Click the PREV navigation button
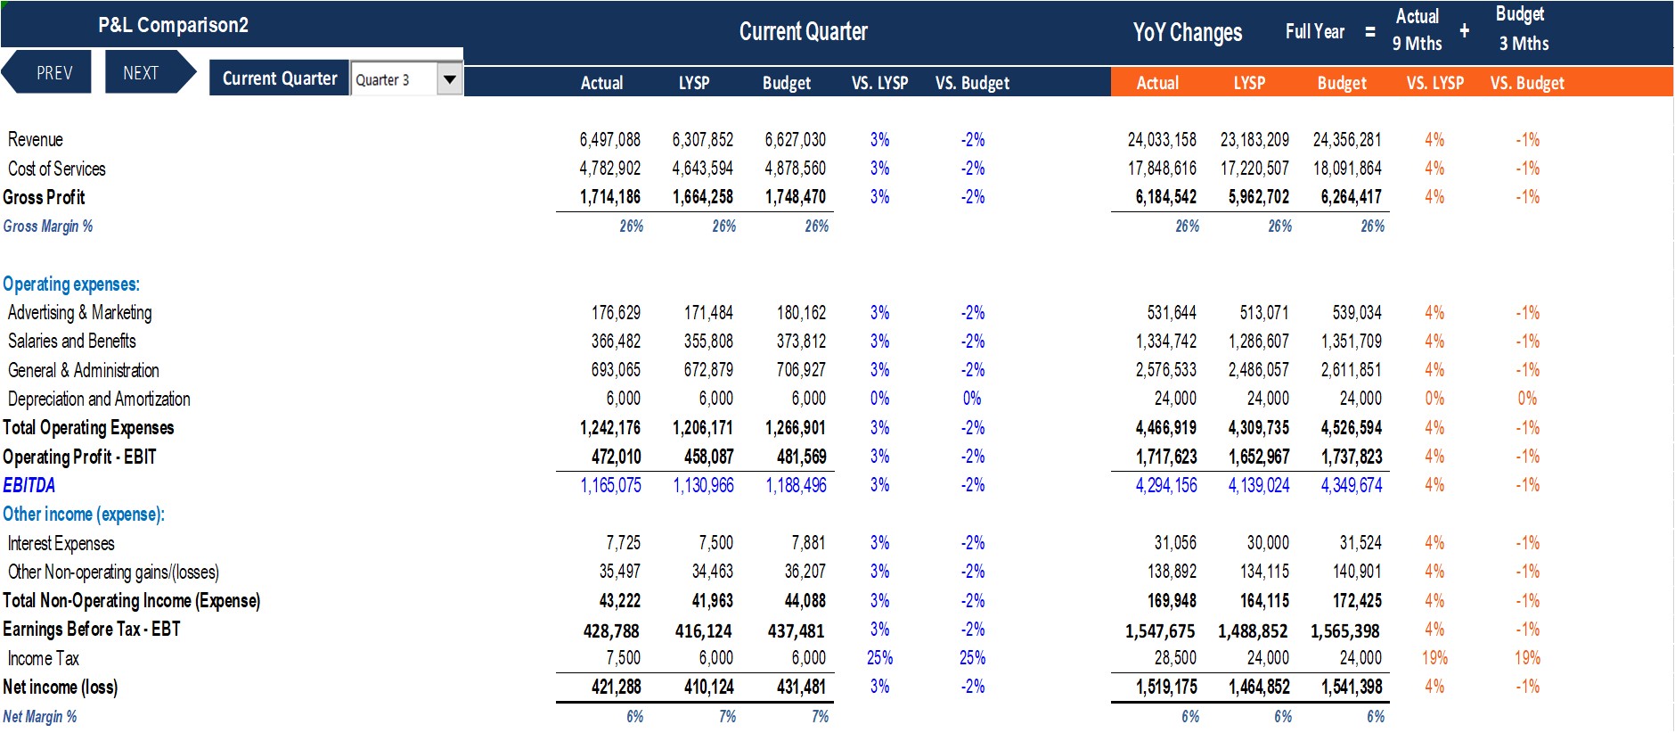(x=49, y=72)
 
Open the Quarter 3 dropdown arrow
(x=450, y=79)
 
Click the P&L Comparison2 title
(x=173, y=25)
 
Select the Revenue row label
(x=36, y=140)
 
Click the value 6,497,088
(x=609, y=140)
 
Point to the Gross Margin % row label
(x=48, y=226)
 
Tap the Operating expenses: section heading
(x=71, y=284)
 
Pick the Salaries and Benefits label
(x=72, y=342)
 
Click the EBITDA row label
(x=29, y=485)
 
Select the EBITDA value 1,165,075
(x=610, y=485)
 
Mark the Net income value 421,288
(x=616, y=688)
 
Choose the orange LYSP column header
(x=1249, y=83)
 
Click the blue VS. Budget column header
(x=972, y=83)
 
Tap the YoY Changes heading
(x=1188, y=33)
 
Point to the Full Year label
(x=1315, y=32)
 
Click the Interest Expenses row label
(x=61, y=543)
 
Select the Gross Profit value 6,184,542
(x=1166, y=197)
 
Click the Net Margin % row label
(x=40, y=717)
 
